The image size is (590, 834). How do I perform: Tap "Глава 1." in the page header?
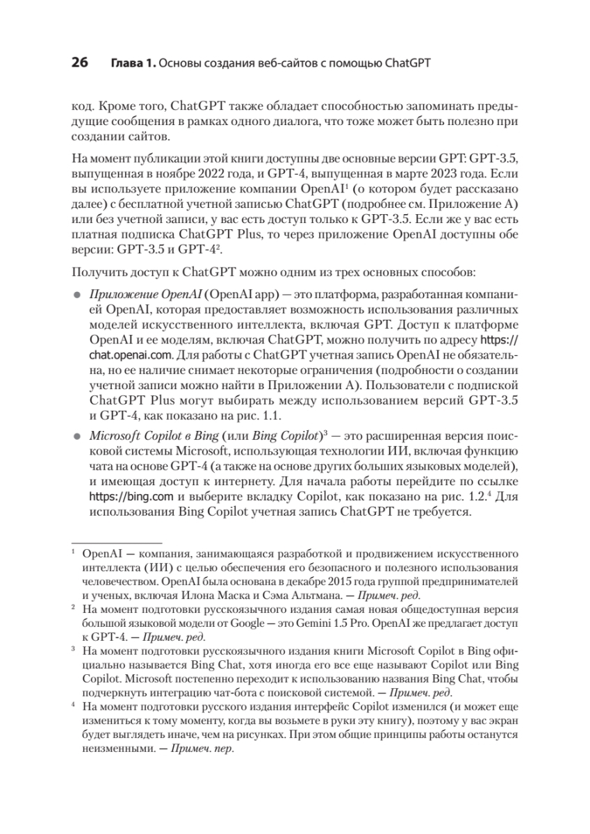132,65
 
